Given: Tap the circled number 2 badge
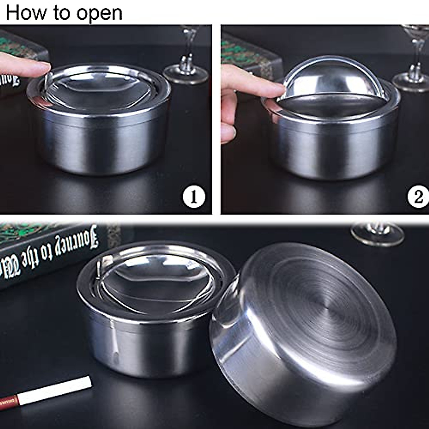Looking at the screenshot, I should click(418, 197).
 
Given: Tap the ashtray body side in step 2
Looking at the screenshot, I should click(332, 150).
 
